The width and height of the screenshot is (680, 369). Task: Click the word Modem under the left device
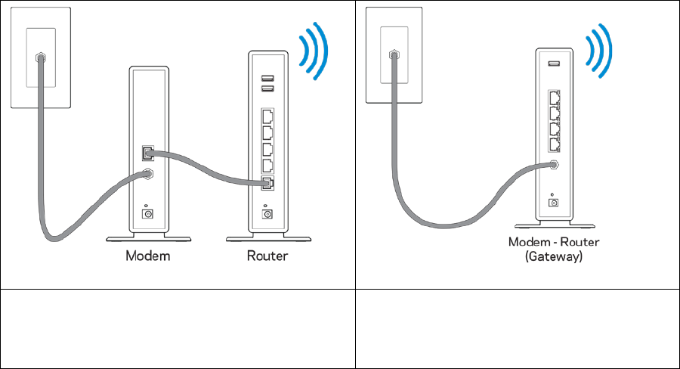click(x=147, y=256)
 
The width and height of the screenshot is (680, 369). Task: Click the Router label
click(x=267, y=256)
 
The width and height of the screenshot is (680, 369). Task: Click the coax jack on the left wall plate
click(x=40, y=57)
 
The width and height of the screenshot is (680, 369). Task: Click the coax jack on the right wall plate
click(x=393, y=54)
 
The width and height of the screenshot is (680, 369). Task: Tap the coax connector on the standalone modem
click(x=147, y=174)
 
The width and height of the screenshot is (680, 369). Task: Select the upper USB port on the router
click(x=267, y=78)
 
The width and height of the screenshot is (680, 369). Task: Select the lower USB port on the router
click(x=267, y=89)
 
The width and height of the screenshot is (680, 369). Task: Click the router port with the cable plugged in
click(x=267, y=183)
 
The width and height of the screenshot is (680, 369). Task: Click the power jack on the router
click(x=267, y=213)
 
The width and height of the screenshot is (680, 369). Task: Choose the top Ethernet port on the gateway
click(x=554, y=98)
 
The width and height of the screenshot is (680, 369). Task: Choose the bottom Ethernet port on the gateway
click(x=554, y=143)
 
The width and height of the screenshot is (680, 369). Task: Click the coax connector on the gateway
click(x=555, y=165)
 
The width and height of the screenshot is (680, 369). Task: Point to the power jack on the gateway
click(x=554, y=202)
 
